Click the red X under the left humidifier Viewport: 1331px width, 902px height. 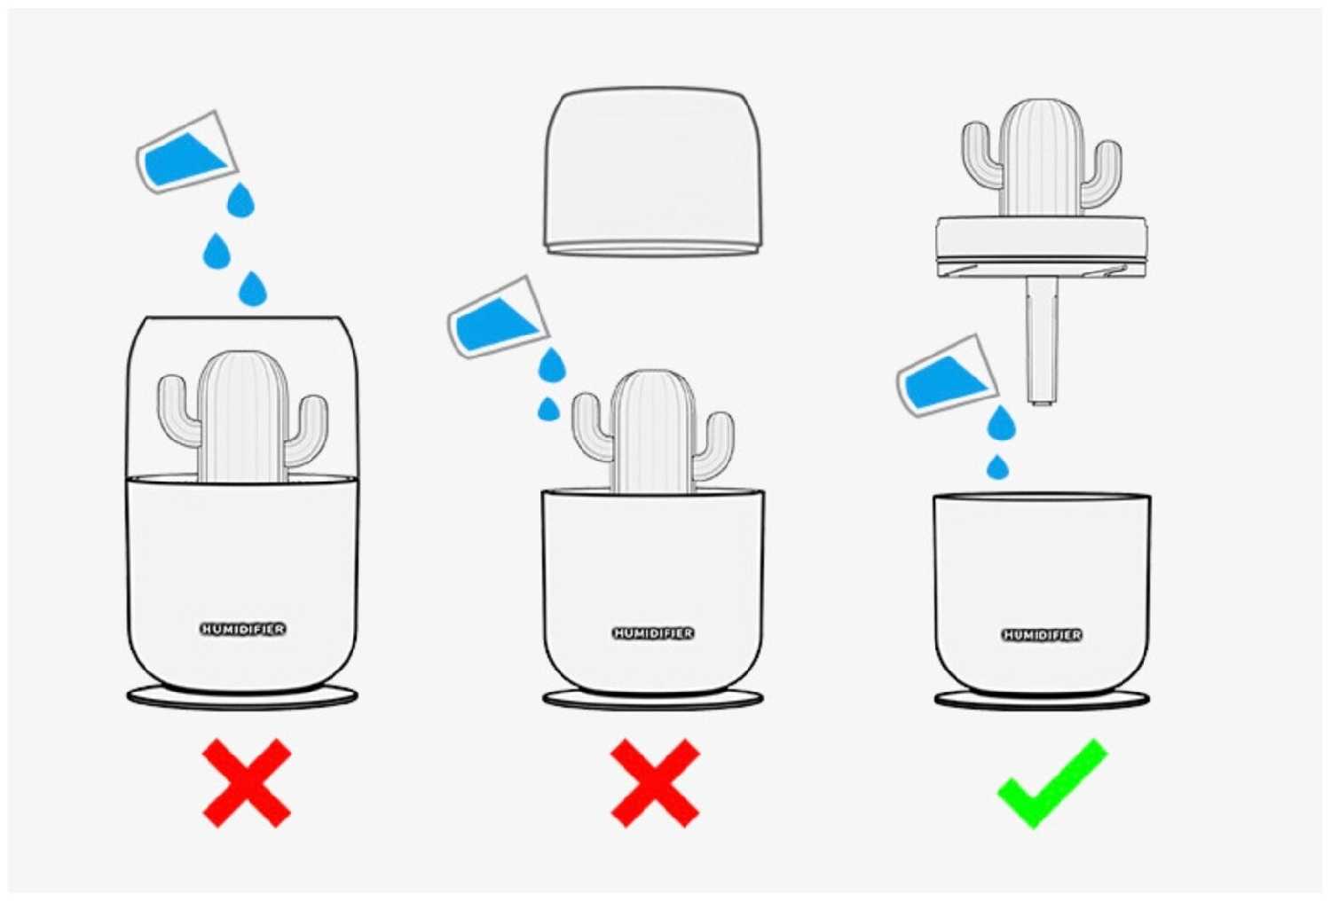[x=247, y=782]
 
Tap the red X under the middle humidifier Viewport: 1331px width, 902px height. [x=656, y=782]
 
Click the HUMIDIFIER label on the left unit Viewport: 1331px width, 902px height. [x=242, y=629]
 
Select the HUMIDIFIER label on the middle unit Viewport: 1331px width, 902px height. [x=653, y=633]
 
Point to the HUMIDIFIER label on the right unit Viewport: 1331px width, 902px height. [x=1042, y=635]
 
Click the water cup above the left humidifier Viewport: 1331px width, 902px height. [x=187, y=153]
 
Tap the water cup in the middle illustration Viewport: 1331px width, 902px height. [x=498, y=318]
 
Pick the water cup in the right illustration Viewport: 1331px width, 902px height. [x=948, y=376]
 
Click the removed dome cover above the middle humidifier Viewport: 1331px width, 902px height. [x=653, y=172]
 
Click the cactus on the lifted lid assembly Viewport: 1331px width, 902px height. [x=1042, y=158]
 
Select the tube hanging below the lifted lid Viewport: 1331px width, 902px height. [x=1042, y=341]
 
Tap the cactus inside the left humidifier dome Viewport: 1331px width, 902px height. [x=242, y=416]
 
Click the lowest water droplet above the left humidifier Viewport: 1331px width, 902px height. [x=253, y=289]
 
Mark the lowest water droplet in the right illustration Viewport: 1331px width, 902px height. [x=997, y=467]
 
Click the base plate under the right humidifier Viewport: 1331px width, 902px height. [x=1042, y=700]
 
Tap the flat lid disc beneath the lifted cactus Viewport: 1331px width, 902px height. [x=1042, y=247]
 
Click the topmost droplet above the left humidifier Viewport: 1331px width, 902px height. [x=240, y=200]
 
